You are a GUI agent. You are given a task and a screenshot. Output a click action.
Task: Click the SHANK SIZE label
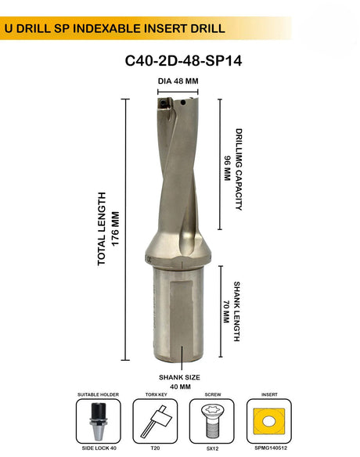(x=180, y=376)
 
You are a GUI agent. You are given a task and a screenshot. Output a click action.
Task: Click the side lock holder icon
(x=96, y=423)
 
